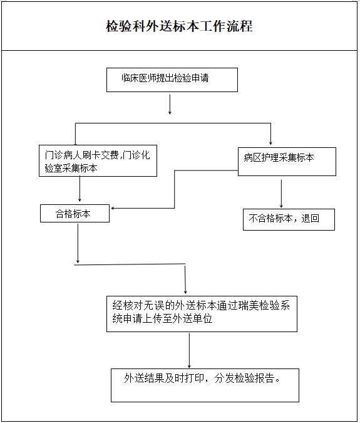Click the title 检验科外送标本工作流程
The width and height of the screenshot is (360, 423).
pos(179,26)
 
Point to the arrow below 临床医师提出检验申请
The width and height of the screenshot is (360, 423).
pos(170,104)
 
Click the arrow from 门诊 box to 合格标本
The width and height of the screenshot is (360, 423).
pos(80,189)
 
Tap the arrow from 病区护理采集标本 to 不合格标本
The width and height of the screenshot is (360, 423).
pos(281,194)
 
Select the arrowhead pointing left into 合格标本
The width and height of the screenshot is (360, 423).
pos(113,208)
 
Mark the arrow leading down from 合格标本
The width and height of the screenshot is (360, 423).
pos(78,243)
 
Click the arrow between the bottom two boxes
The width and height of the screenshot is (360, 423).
pos(189,351)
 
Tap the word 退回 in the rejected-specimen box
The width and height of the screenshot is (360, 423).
pos(310,218)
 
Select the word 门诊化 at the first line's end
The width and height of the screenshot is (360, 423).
pos(136,155)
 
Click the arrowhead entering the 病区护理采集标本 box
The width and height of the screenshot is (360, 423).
pos(270,144)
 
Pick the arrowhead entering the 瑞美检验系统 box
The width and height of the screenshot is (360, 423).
pos(185,292)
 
